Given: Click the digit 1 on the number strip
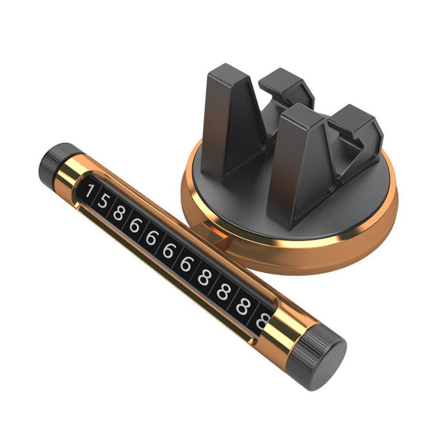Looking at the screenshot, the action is coord(89,191).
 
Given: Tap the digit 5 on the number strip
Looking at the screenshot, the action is coord(102,201).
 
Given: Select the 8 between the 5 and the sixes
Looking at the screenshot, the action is coord(119,213).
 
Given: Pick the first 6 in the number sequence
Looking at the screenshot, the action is coord(135,225).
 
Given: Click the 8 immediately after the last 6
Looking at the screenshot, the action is coord(204,277).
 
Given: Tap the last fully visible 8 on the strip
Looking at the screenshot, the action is coord(242,306).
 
